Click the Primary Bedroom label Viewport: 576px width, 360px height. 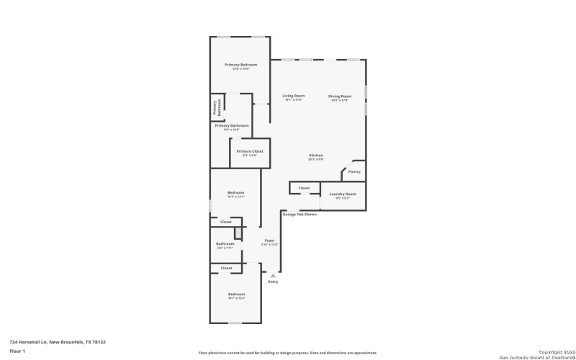[x=240, y=65]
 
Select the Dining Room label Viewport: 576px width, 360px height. [x=340, y=96]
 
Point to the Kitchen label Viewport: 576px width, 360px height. [x=316, y=156]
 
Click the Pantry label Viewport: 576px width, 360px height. [x=354, y=171]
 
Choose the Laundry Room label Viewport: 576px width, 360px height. [x=343, y=194]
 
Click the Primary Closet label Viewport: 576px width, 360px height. [x=250, y=151]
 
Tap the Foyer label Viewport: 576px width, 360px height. [x=269, y=240]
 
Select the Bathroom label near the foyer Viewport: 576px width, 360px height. [x=225, y=243]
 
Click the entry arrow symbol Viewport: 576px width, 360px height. [x=273, y=275]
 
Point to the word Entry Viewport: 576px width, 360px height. [x=273, y=282]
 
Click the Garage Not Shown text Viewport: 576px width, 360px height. [x=300, y=214]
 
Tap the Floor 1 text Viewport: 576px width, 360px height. [x=17, y=351]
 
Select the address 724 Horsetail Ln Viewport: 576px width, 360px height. [x=47, y=342]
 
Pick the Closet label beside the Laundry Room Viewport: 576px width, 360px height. [x=304, y=188]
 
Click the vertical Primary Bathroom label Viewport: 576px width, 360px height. [x=215, y=108]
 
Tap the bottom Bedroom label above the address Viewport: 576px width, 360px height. [x=236, y=294]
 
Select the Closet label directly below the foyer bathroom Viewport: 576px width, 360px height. [x=226, y=268]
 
